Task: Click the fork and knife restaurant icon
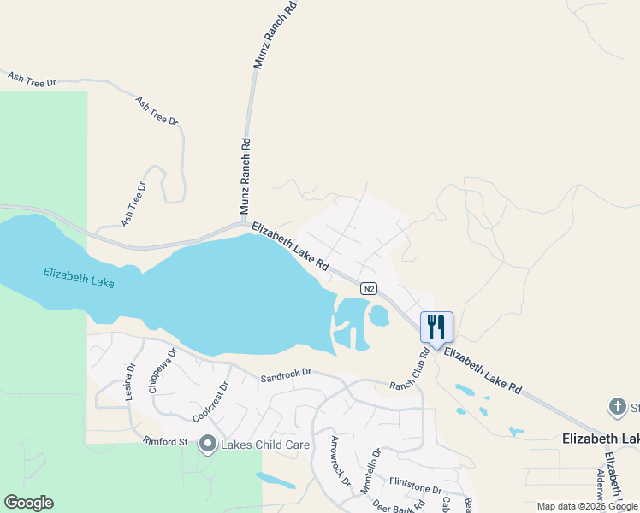click(436, 327)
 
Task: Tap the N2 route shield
click(369, 288)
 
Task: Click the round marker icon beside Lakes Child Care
click(208, 444)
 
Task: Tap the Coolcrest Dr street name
click(211, 398)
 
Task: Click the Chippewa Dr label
click(163, 369)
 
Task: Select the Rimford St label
click(165, 441)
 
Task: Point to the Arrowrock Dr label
click(341, 461)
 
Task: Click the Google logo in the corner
click(28, 503)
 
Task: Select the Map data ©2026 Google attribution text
click(587, 506)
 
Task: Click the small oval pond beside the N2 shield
click(378, 316)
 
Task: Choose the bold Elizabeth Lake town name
click(600, 439)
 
